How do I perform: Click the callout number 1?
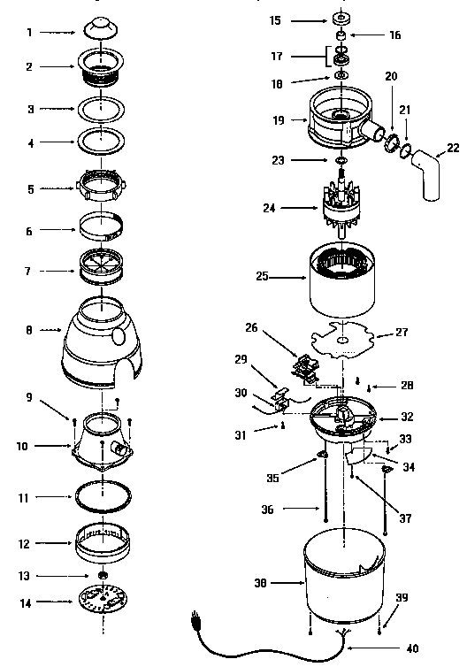(x=30, y=32)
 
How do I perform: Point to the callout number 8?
(x=30, y=330)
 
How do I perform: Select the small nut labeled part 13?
(x=104, y=576)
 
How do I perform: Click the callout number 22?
(x=452, y=147)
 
